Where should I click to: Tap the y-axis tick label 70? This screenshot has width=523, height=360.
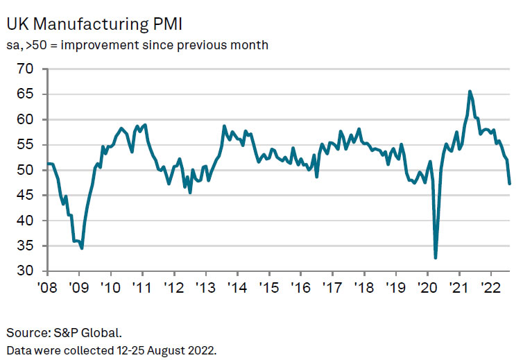[x=25, y=69]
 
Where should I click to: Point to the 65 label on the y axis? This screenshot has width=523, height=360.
[x=25, y=94]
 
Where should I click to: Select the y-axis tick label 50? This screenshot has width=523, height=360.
[x=25, y=171]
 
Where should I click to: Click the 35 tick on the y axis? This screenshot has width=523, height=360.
[x=25, y=246]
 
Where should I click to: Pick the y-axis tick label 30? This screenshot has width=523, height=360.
[x=25, y=271]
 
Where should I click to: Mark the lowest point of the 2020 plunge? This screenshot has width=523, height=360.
[x=436, y=258]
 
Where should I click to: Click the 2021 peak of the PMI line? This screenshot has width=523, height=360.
[x=470, y=91]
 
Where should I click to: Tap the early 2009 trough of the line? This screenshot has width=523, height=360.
[x=82, y=248]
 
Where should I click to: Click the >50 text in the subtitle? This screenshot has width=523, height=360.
[x=35, y=46]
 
